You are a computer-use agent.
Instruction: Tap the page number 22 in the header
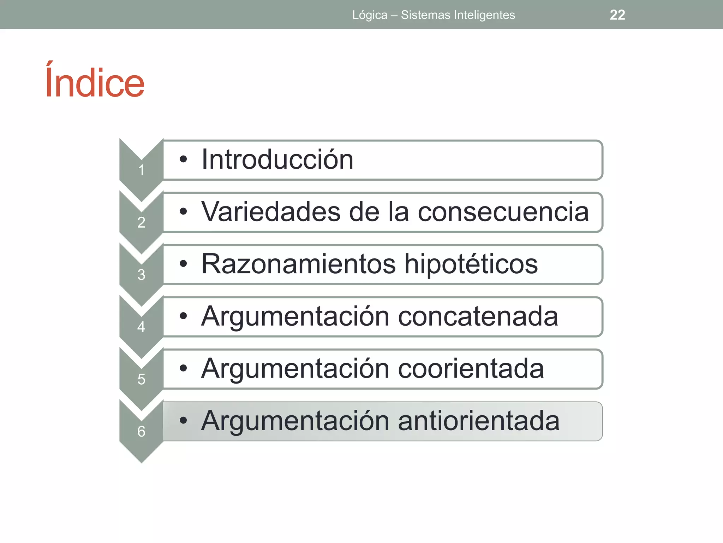pos(617,15)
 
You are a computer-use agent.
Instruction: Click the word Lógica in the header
pos(370,15)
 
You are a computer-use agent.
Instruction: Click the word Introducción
pos(277,160)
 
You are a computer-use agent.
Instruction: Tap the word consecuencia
pos(503,212)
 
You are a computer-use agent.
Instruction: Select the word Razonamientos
pos(298,264)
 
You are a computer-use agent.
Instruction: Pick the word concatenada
pos(478,316)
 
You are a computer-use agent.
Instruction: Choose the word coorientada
pos(471,369)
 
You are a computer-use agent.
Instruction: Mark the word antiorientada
pos(479,421)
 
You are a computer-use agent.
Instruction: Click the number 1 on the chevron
pos(141,170)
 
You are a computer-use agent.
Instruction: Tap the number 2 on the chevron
pos(141,222)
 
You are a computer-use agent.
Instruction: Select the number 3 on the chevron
pos(141,275)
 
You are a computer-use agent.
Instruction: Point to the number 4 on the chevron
pos(141,327)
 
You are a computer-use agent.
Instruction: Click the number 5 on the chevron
pos(141,379)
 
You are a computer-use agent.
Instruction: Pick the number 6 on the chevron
pos(141,431)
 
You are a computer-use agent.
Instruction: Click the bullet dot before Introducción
pos(183,160)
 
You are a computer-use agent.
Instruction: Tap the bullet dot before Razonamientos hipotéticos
pos(183,264)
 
